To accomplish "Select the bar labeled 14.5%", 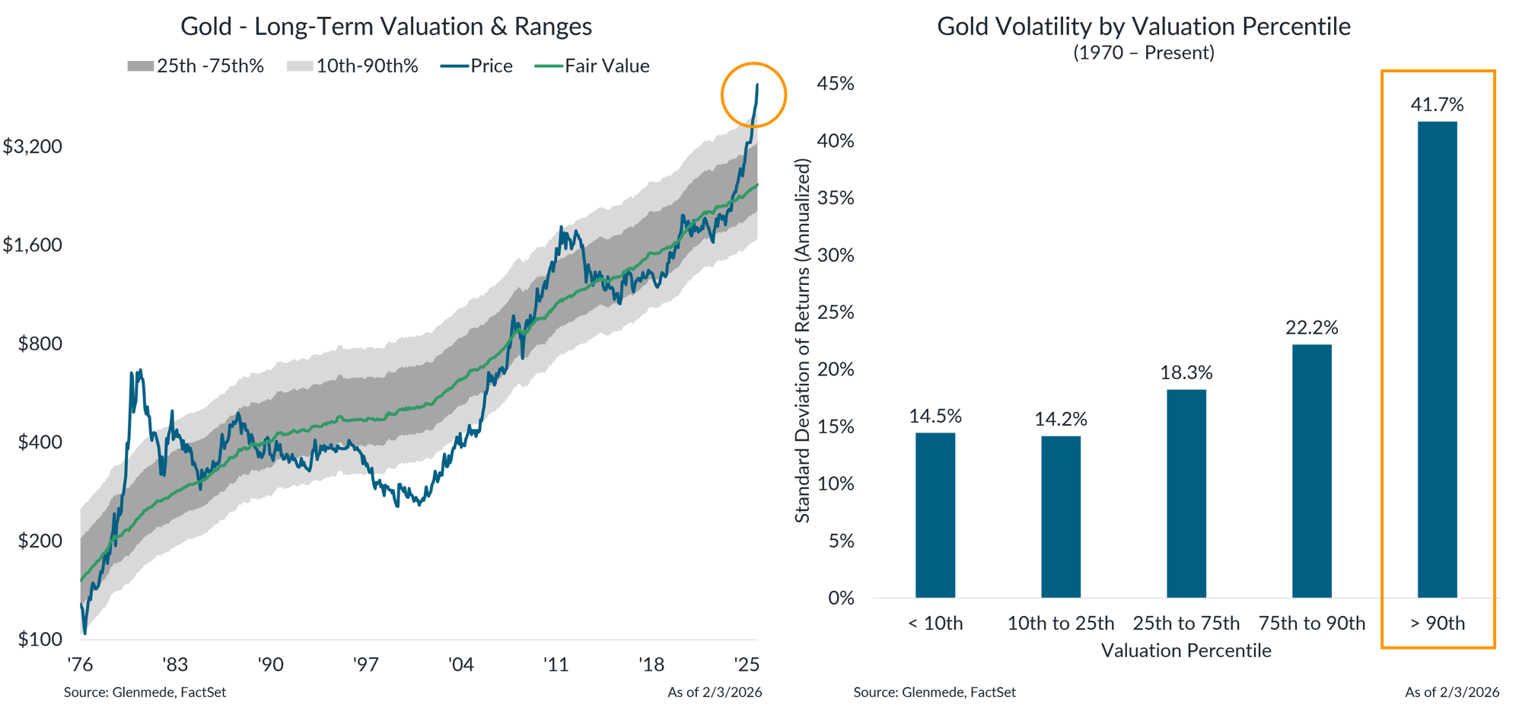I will (x=935, y=515).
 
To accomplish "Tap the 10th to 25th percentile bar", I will (x=1061, y=516).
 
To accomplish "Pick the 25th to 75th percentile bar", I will (x=1186, y=493).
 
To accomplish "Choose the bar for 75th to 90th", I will (x=1312, y=471).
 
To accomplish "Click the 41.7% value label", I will (x=1437, y=104).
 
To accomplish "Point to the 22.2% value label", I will (x=1312, y=327).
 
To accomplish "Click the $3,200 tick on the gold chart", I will (x=33, y=146).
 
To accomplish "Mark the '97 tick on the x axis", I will (x=366, y=665).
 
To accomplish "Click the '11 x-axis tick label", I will (x=556, y=665).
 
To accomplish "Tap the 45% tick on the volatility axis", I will (x=836, y=84).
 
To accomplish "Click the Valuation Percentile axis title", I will (x=1186, y=650).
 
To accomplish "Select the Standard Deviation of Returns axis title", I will (x=803, y=340).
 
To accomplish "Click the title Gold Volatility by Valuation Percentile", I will (x=1144, y=27).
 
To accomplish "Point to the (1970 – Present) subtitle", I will (x=1144, y=53).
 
